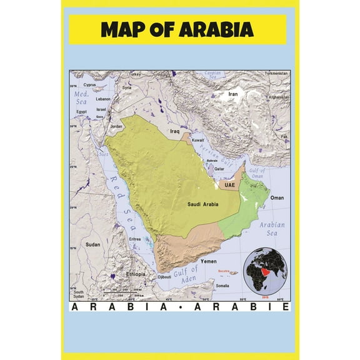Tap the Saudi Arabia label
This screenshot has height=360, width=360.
201,204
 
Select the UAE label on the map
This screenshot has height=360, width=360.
230,185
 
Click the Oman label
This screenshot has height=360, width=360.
276,197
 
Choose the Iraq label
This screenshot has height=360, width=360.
175,132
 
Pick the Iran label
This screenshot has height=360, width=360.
233,94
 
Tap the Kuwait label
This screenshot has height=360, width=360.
198,141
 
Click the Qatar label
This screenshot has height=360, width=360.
219,169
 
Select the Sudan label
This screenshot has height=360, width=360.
92,244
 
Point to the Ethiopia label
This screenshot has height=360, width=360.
135,274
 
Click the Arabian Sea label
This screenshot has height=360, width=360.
272,229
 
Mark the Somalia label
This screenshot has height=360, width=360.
222,286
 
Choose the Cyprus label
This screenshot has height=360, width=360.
91,85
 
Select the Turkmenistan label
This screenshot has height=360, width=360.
276,73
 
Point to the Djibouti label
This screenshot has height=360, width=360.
164,276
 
